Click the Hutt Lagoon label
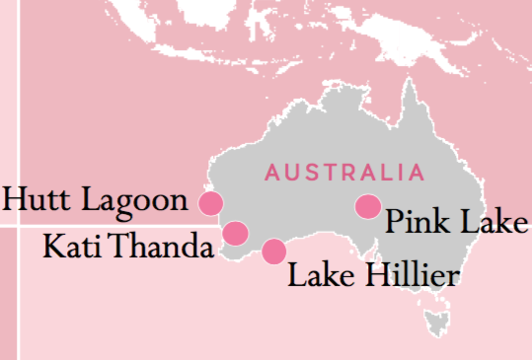point(96,200)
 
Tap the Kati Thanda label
point(129,244)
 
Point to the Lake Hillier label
point(373,273)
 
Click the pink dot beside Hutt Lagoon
point(210,203)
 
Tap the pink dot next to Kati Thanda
point(235,233)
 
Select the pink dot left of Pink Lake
point(367,206)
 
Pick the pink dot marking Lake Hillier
point(273,251)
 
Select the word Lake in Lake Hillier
point(319,273)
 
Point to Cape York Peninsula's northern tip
point(406,81)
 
